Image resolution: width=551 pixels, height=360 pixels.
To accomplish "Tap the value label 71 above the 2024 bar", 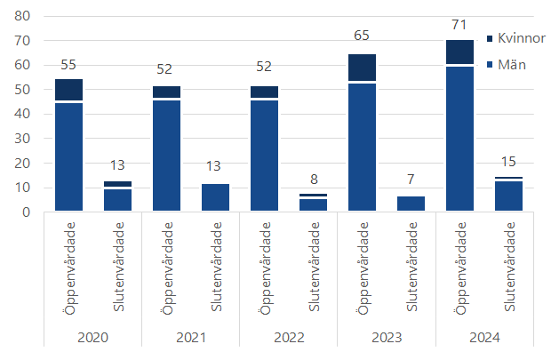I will tap(459, 27).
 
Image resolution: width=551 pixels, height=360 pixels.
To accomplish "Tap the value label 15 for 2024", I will tap(508, 164).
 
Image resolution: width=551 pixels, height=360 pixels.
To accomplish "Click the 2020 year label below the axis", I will tap(92, 337).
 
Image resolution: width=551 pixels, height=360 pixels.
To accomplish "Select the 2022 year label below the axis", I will tap(288, 337).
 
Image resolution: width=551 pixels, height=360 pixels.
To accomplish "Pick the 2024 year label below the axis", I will tap(483, 337).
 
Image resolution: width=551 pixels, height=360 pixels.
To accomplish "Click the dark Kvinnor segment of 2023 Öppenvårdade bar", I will tap(362, 68).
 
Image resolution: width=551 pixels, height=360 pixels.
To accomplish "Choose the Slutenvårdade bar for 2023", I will tap(411, 204).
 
